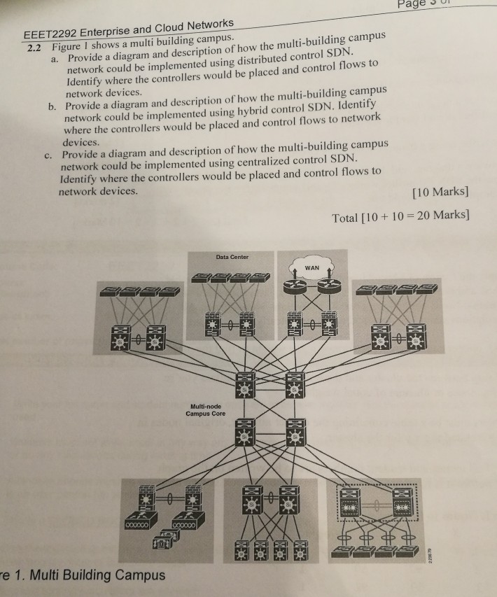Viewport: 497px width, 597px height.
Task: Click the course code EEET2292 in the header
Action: click(52, 35)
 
